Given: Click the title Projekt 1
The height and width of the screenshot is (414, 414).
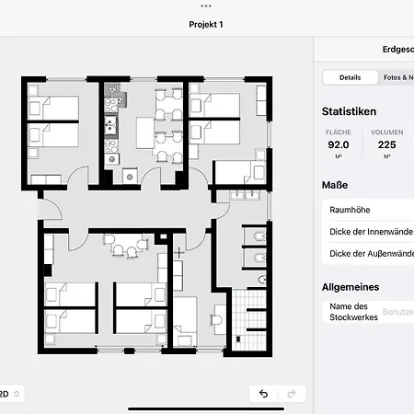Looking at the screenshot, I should (207, 25).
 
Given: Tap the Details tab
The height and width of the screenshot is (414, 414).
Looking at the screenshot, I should (350, 78).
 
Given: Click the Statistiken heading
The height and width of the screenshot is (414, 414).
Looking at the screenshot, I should (349, 111).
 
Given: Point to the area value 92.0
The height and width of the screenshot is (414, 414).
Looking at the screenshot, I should (339, 144).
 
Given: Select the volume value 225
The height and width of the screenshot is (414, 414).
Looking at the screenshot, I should (386, 144).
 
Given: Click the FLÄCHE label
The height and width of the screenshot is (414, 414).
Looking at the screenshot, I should (339, 132).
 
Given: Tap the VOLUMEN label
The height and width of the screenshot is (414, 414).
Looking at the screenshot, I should (386, 132).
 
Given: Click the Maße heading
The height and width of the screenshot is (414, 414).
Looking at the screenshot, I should (334, 185).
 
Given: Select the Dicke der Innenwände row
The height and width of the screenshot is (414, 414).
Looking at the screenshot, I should (368, 232).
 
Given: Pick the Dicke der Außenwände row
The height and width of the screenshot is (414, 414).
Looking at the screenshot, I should (368, 253).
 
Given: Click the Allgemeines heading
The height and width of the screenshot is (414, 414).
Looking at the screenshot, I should (351, 287).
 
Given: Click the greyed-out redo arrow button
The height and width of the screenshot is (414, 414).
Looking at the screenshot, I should (292, 394).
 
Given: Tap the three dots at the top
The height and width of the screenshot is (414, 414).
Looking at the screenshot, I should (207, 5).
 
